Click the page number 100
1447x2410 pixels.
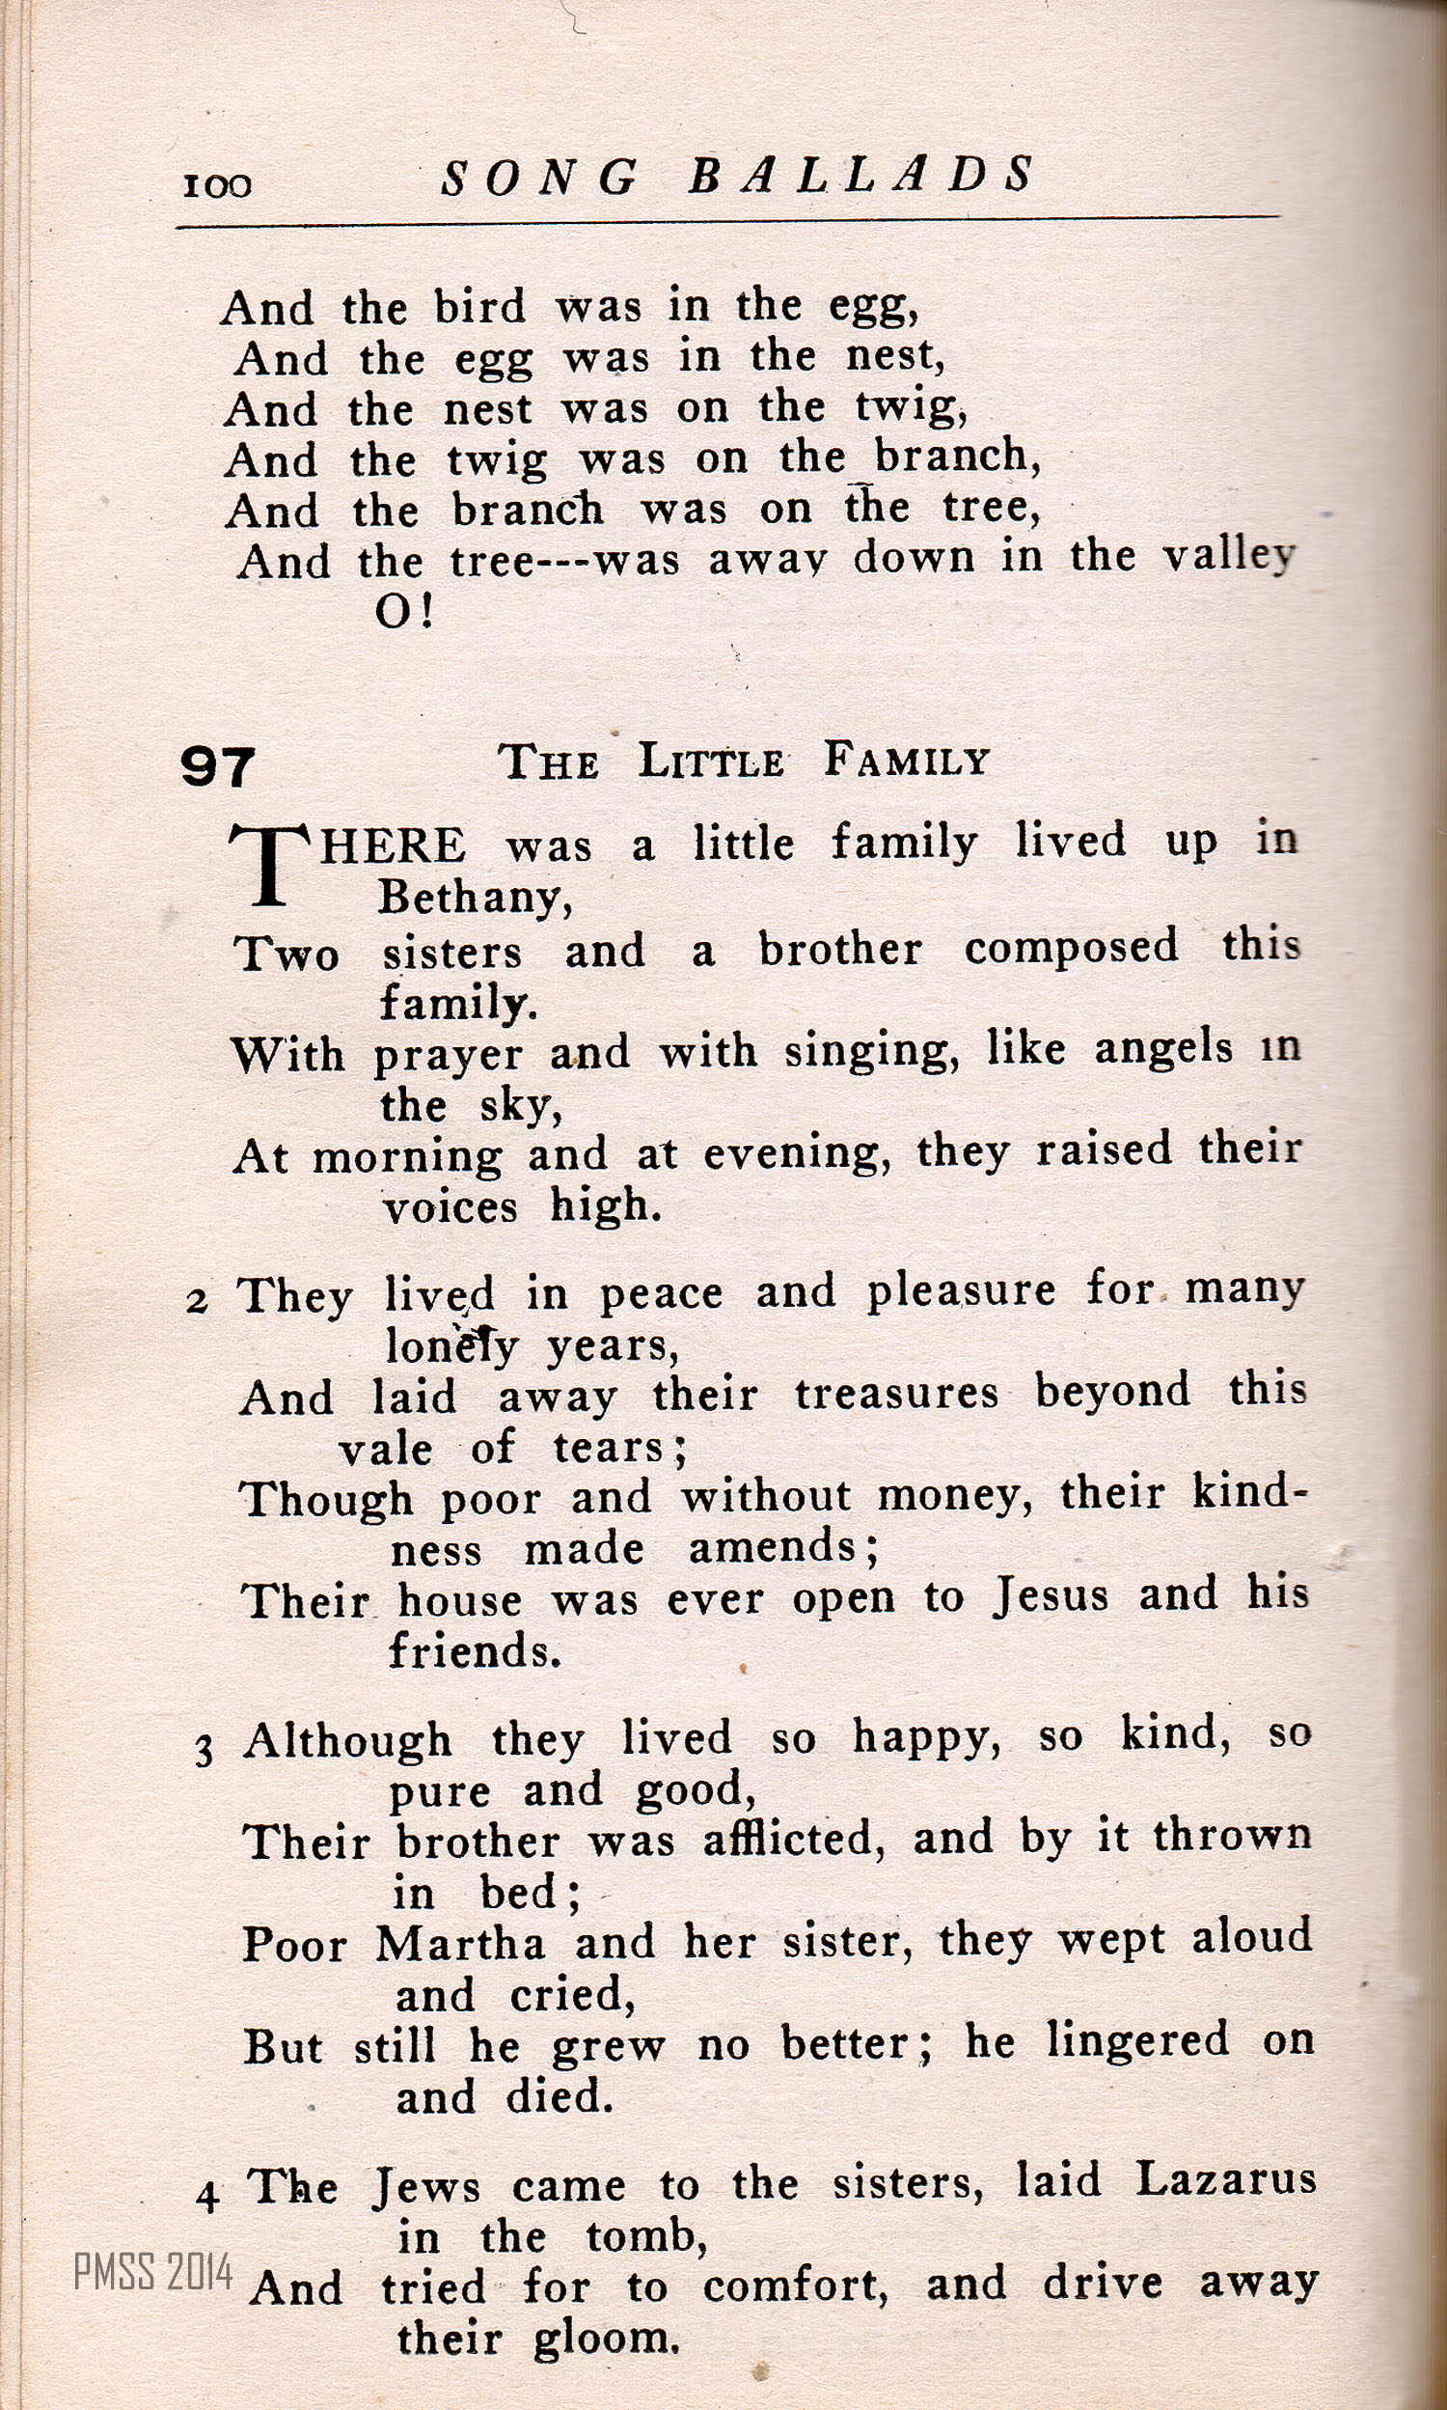tap(216, 185)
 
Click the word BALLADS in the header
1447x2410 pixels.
tap(862, 177)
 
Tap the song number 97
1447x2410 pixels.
tap(217, 766)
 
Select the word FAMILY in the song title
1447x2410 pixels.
tap(906, 760)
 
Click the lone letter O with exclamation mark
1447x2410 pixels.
tap(402, 612)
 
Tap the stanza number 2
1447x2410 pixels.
tap(197, 1302)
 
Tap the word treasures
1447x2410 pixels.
tap(896, 1393)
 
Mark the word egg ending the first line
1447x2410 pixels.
tap(872, 308)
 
